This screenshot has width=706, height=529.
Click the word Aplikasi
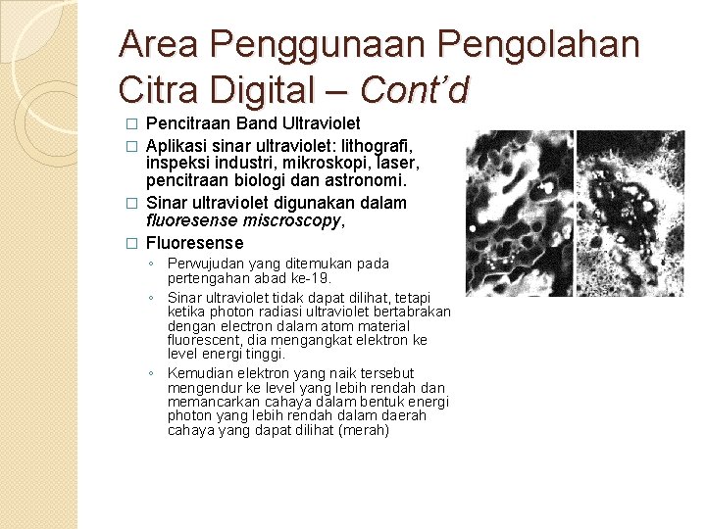177,143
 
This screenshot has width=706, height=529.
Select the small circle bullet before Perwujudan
152,264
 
